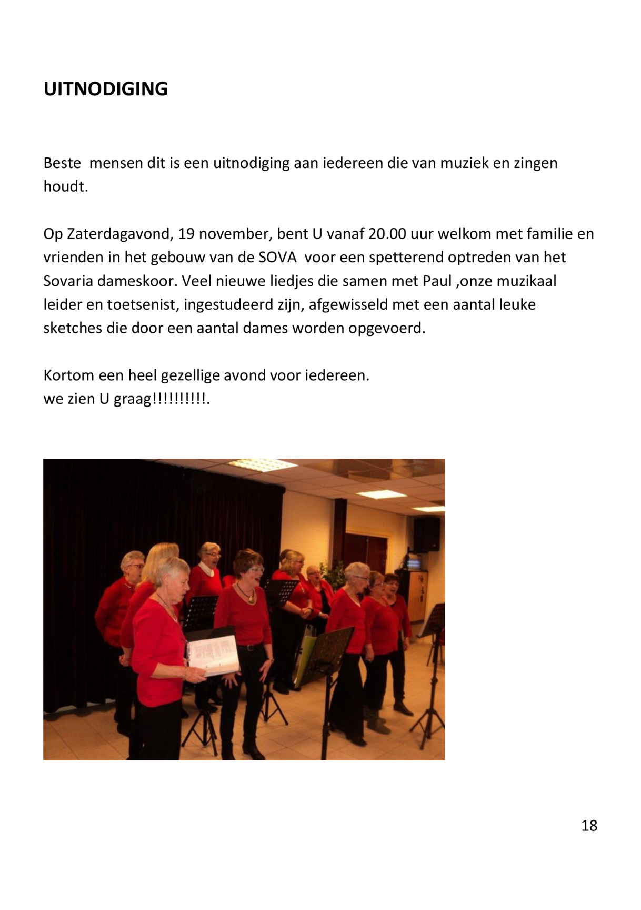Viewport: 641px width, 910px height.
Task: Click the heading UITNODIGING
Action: tap(105, 89)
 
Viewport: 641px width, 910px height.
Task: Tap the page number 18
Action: tap(589, 825)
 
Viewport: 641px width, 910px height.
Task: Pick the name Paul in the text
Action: tap(437, 281)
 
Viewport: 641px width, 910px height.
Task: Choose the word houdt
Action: tap(65, 186)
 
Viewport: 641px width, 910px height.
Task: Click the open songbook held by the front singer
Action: tap(213, 655)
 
